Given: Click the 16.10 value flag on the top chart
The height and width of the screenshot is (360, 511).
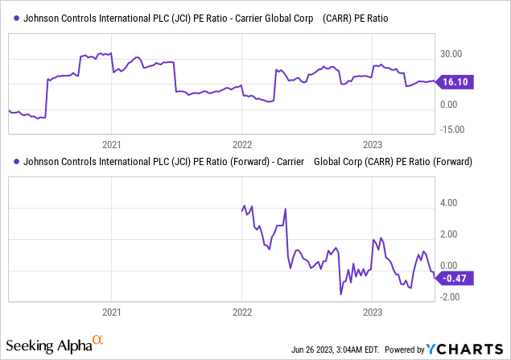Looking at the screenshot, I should (x=454, y=81).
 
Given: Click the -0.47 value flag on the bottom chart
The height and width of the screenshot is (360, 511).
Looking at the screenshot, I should (x=454, y=279).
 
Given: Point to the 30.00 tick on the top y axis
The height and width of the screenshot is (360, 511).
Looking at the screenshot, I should (x=451, y=54).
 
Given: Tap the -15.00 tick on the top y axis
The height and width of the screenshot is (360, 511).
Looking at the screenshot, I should (x=451, y=127).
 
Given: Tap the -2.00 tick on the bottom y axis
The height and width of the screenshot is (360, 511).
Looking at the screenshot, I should (x=450, y=296).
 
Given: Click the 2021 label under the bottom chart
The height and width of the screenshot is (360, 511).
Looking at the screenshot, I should (x=112, y=312).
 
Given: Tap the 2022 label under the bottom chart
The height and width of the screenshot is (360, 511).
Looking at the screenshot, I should (x=242, y=312).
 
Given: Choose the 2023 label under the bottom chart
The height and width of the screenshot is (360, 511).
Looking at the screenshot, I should (x=372, y=312).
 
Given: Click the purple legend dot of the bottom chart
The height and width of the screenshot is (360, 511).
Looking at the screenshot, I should (x=17, y=161).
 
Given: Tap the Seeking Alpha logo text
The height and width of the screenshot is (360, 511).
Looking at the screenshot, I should (x=48, y=346).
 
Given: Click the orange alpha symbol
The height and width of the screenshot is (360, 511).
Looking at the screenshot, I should (x=98, y=341).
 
